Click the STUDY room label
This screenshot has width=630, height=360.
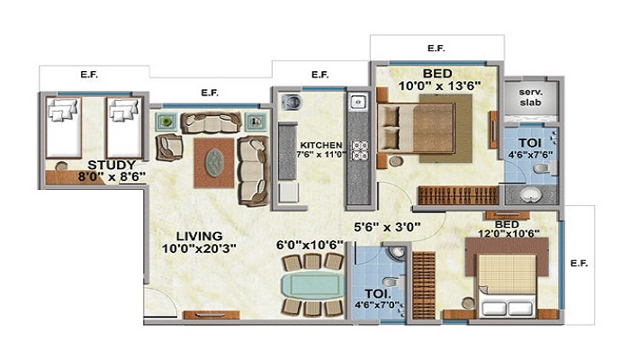pos(112,165)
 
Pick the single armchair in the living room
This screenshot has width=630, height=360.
pos(168,147)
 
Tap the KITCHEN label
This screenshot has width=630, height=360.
pos(319,144)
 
